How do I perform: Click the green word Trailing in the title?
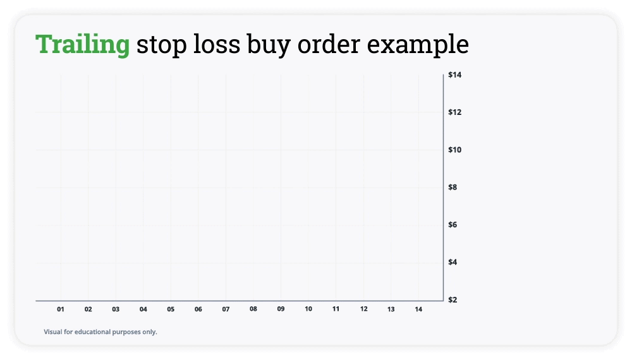83,44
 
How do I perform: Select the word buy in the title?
269,44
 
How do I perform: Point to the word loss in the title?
217,44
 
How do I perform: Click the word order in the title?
329,44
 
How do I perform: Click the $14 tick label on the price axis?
454,75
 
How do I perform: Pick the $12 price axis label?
454,112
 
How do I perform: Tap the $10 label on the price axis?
454,150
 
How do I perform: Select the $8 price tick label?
453,187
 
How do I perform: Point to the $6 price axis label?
453,224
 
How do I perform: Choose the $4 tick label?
453,261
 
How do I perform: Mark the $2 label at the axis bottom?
453,299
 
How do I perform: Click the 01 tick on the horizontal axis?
61,309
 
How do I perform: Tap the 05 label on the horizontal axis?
171,309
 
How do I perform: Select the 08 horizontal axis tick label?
253,309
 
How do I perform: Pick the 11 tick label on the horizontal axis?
336,309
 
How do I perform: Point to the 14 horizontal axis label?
418,309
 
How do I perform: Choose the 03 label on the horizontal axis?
116,309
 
